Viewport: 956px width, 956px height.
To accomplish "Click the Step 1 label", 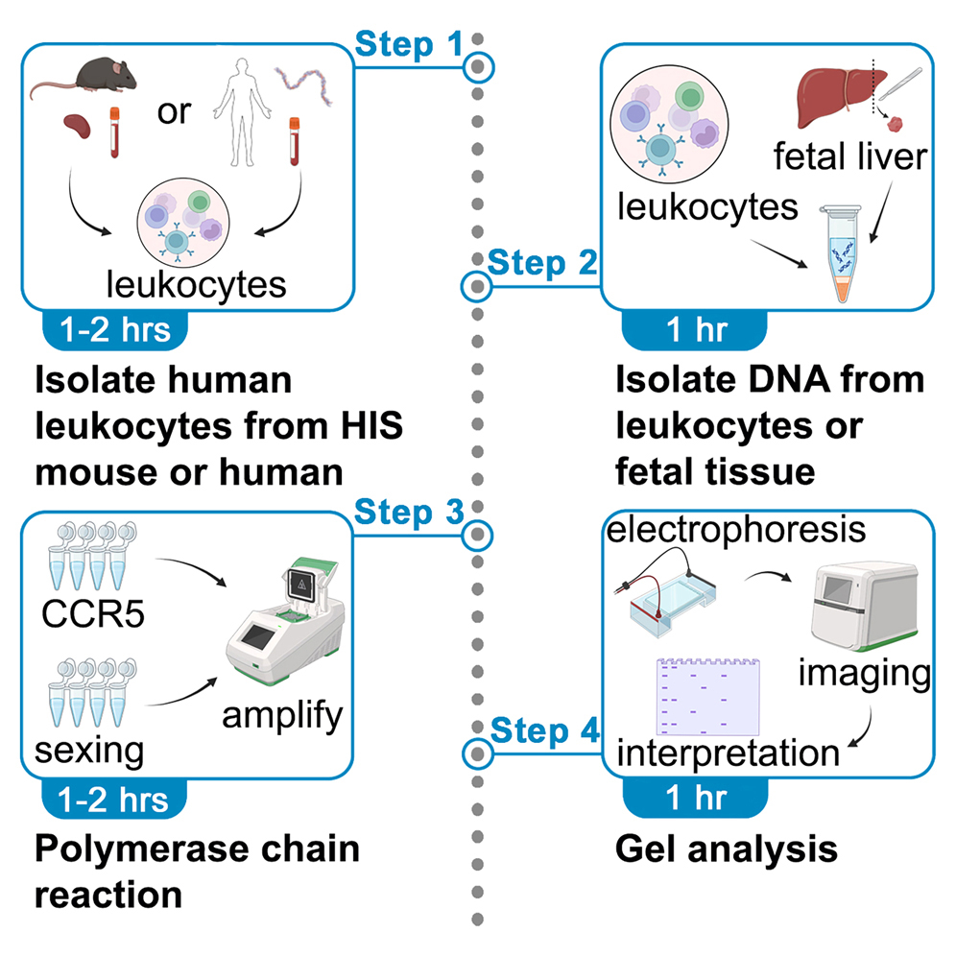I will click(x=409, y=43).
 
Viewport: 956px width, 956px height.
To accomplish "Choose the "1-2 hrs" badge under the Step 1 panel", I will click(x=114, y=329).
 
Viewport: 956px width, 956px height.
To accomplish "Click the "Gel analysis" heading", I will click(x=725, y=848).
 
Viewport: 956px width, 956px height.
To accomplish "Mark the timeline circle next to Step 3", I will click(x=478, y=535).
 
